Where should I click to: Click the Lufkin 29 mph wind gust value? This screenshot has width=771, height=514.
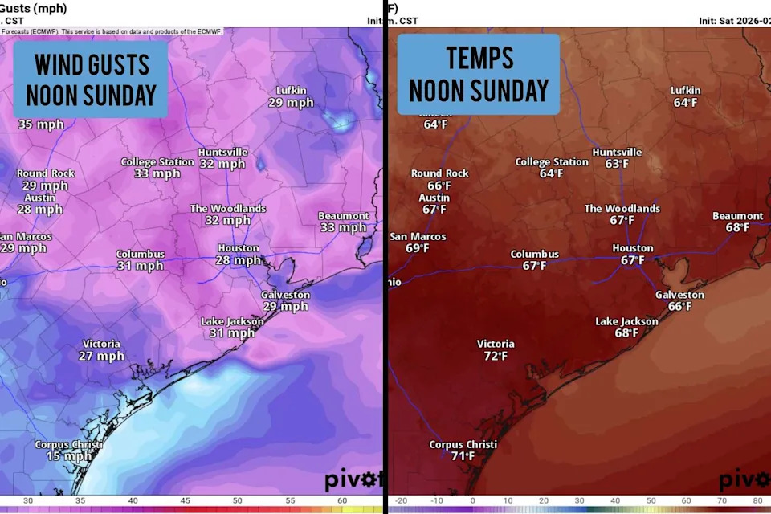pos(291,103)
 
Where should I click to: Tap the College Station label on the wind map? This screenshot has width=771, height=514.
pos(157,162)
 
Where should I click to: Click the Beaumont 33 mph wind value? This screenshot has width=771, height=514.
pos(343,227)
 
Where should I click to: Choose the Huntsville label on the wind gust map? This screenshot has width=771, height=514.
pos(222,153)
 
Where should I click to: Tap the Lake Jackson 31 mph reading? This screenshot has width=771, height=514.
pos(232,333)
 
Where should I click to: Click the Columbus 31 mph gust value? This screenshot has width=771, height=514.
pos(140,266)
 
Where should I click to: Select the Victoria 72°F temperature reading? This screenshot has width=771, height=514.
pos(496,356)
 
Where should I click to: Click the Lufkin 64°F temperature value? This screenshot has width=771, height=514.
pos(686,103)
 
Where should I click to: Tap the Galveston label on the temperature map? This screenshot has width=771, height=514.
pos(679,295)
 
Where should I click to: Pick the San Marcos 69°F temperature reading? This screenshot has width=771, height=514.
pos(417,248)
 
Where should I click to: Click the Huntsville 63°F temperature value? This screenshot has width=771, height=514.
pos(617,164)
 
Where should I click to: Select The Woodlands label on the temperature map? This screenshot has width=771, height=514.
pos(622,209)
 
